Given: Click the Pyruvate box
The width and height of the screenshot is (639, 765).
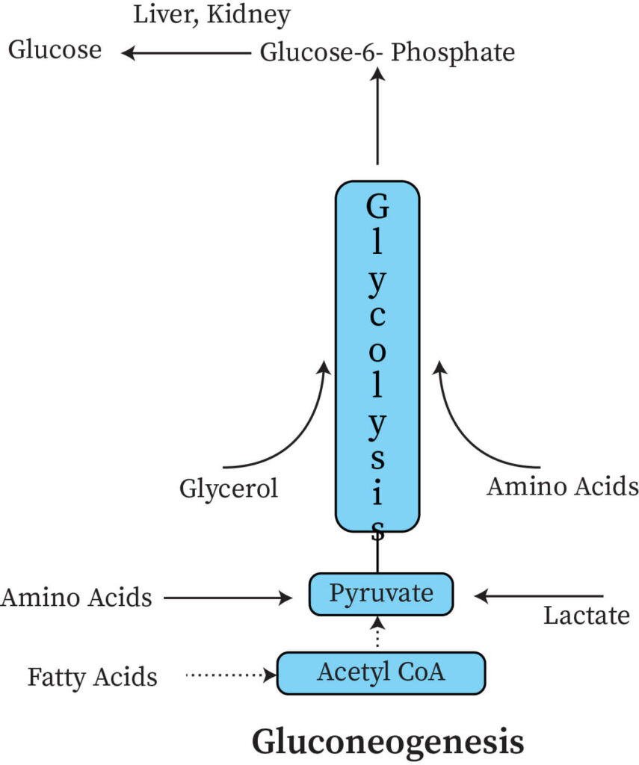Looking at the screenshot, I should click(381, 594).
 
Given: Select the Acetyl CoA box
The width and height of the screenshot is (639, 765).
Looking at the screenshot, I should click(381, 672).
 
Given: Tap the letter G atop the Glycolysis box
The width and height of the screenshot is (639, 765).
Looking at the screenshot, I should click(378, 205).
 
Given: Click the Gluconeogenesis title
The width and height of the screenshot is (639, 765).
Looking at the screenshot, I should click(387, 743).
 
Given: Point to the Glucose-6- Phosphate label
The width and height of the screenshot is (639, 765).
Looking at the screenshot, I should click(387, 53).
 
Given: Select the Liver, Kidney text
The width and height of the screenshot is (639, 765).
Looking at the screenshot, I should click(212, 14).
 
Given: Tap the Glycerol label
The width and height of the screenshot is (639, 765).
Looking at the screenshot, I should click(228, 489).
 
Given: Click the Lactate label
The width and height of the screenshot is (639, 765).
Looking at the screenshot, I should click(586, 616).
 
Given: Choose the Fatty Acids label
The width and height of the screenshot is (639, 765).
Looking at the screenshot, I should click(93, 677).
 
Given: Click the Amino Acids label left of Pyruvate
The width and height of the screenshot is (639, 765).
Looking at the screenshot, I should click(76, 597).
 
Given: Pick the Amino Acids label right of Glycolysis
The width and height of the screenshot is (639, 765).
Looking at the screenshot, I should click(562, 486).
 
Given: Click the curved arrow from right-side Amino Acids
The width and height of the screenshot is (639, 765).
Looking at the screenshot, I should click(467, 433).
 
